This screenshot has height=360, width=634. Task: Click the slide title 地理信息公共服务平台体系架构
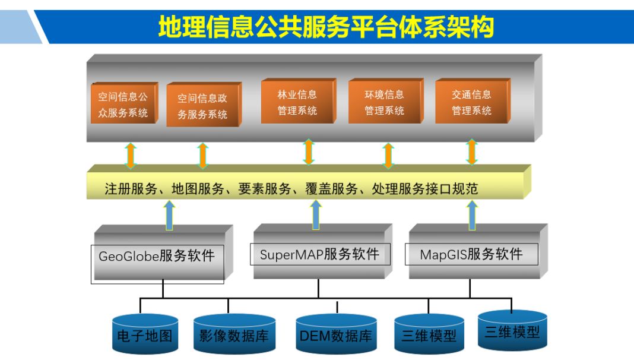click(x=326, y=27)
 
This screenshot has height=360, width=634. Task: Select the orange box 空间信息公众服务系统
click(x=123, y=103)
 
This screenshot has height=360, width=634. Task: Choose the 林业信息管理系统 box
click(x=297, y=102)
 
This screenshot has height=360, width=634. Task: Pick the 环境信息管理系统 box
click(x=384, y=102)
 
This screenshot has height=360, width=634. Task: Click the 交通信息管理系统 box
click(x=471, y=102)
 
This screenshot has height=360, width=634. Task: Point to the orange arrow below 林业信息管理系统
click(x=308, y=152)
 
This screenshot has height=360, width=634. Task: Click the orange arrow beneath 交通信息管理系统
click(x=472, y=152)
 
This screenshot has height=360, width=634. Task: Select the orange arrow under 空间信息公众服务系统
click(x=131, y=156)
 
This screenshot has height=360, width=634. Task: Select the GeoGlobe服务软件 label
click(x=157, y=256)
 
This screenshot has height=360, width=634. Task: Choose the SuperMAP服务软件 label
click(x=319, y=254)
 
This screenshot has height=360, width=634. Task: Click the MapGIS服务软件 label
click(x=471, y=254)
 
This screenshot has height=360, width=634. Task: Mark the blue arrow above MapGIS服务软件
click(x=473, y=214)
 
